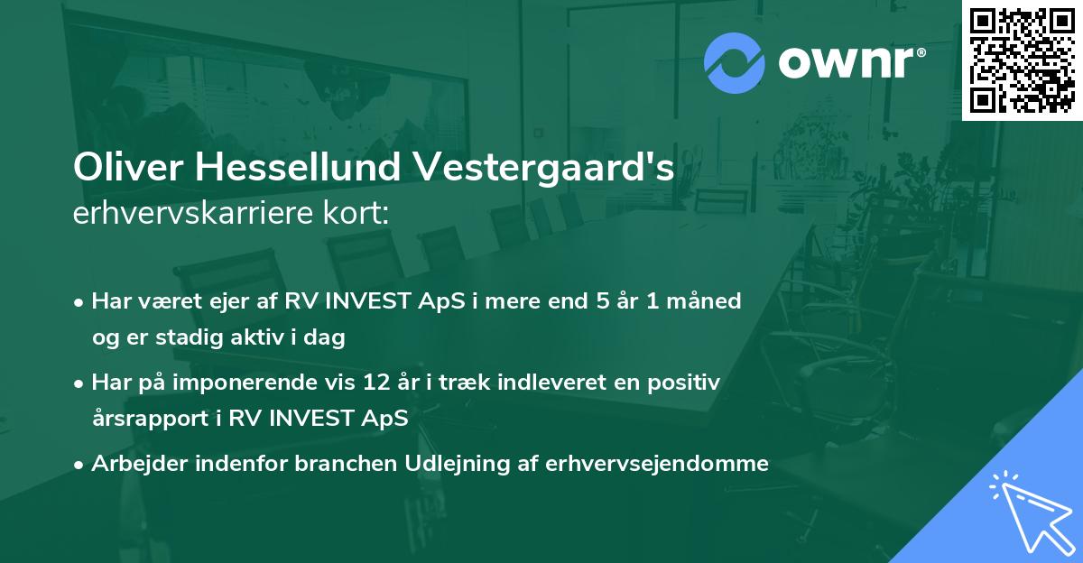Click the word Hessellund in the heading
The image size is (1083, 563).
coord(298,169)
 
